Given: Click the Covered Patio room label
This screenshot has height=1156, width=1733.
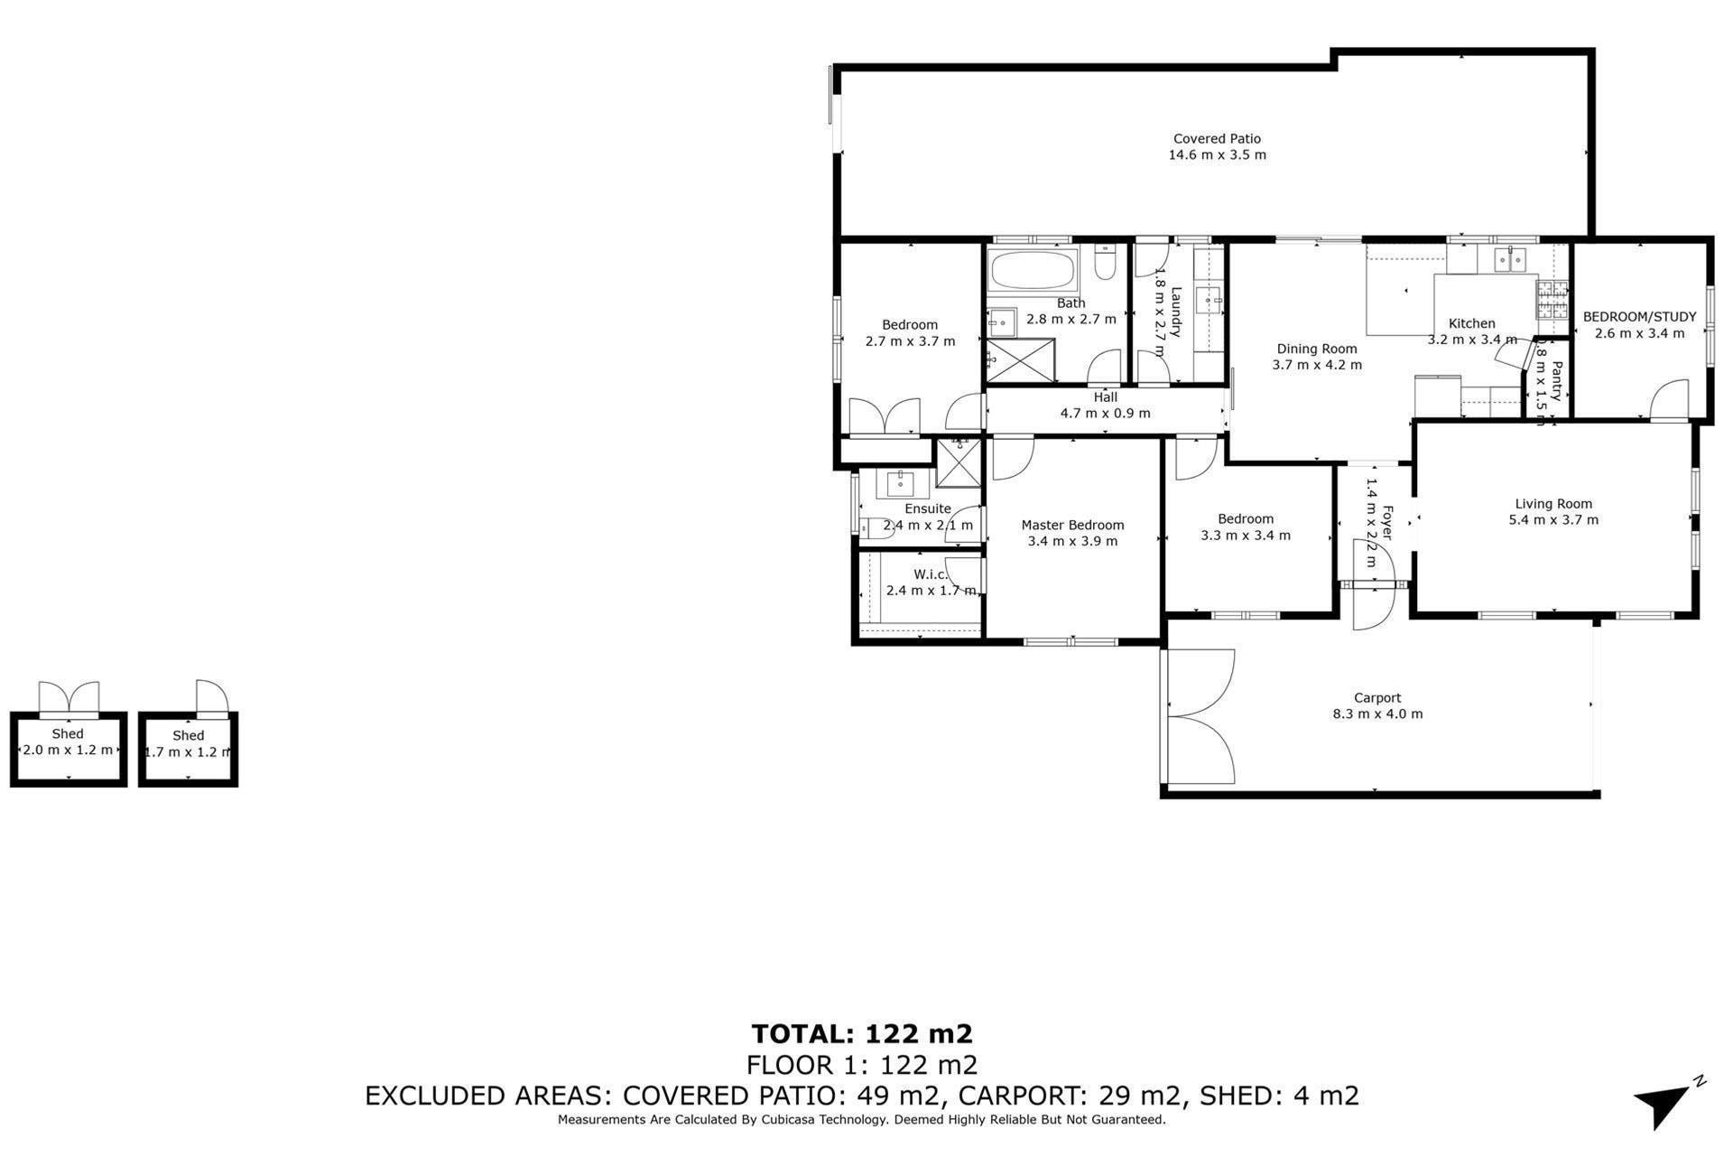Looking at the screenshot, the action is pyautogui.click(x=1217, y=139).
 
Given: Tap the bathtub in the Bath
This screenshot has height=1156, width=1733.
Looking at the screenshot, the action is pyautogui.click(x=1033, y=268).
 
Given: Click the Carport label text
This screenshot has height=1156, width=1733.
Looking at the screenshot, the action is pyautogui.click(x=1377, y=698).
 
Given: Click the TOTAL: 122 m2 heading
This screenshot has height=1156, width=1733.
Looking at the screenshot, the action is pyautogui.click(x=862, y=1034).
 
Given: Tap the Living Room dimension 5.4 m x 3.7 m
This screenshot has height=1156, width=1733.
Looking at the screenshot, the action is pyautogui.click(x=1553, y=520).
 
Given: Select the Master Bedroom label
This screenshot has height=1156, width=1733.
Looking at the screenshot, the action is pyautogui.click(x=1072, y=526).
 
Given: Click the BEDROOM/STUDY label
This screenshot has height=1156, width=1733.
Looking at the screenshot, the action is pyautogui.click(x=1640, y=317).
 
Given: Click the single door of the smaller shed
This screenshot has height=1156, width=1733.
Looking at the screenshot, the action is pyautogui.click(x=212, y=695).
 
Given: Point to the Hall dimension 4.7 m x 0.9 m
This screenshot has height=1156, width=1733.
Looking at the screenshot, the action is pyautogui.click(x=1105, y=414).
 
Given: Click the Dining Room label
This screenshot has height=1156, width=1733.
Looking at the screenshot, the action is pyautogui.click(x=1317, y=350).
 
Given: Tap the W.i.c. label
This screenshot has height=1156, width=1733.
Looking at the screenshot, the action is pyautogui.click(x=931, y=575).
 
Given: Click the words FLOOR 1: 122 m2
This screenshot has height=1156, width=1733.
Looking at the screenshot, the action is pyautogui.click(x=862, y=1066).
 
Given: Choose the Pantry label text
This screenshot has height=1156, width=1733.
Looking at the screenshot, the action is pyautogui.click(x=1556, y=381).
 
